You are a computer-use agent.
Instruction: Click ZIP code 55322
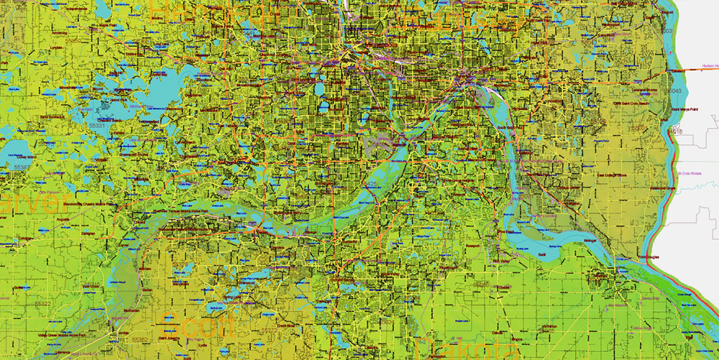42,304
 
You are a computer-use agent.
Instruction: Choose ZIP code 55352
139,340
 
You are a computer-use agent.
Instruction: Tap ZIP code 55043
675,91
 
